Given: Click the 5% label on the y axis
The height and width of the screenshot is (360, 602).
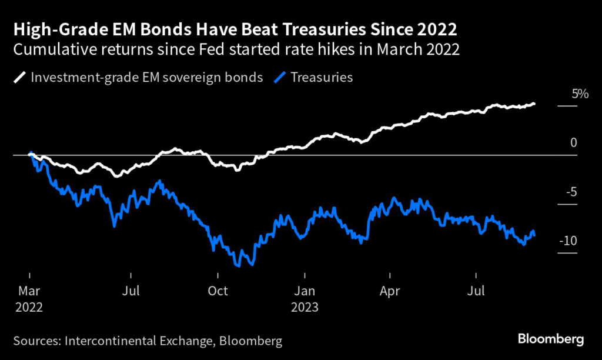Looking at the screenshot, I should click(x=580, y=94).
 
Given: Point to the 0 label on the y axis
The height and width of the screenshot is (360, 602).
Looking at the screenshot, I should click(x=574, y=143).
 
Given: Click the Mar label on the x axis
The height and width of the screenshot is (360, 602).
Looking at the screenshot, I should click(x=28, y=291).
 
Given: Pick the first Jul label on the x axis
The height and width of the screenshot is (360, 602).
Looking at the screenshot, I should click(x=131, y=291).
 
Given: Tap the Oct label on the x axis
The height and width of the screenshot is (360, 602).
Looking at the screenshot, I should click(x=218, y=291).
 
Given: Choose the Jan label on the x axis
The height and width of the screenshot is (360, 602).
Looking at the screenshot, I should click(x=304, y=291).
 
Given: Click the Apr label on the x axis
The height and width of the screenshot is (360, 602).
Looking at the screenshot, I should click(x=390, y=291).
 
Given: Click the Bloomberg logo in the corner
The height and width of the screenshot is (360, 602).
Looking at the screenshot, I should click(x=551, y=339).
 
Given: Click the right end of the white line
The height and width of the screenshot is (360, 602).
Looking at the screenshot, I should click(x=534, y=104).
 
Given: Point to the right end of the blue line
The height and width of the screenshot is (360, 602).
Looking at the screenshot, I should click(x=534, y=235).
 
